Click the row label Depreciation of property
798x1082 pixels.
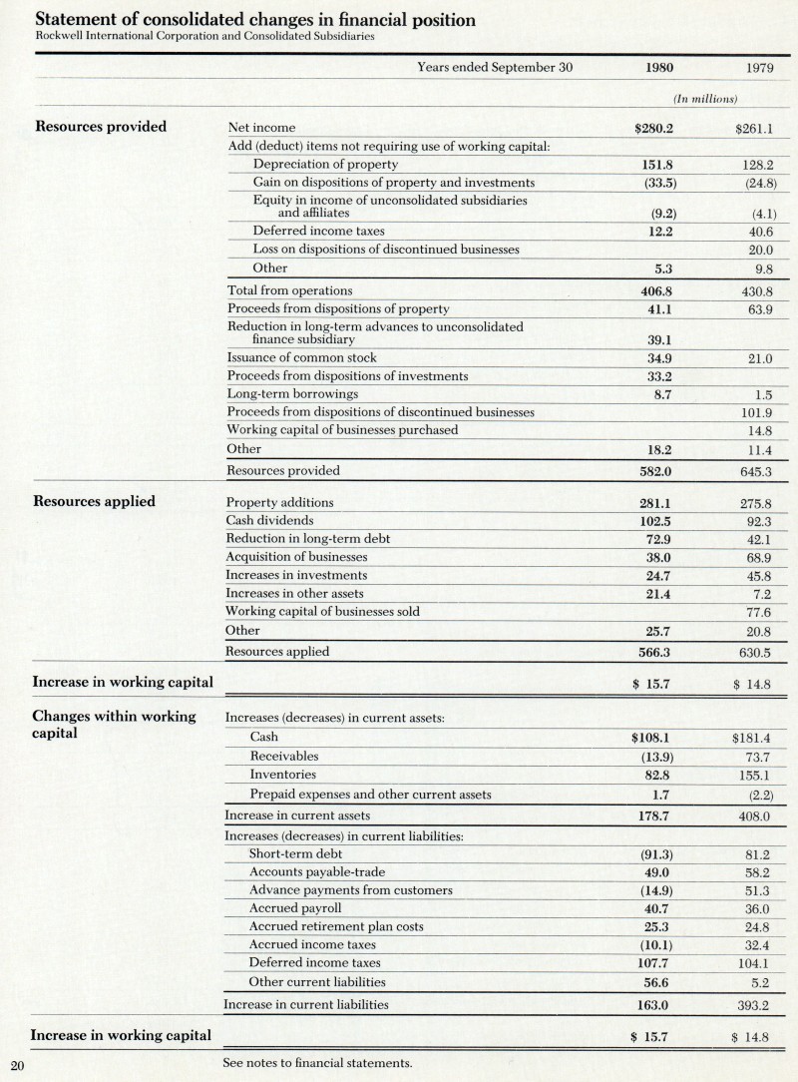(325, 164)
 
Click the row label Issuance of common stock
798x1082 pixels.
(301, 357)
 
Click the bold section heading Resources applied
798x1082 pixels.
(95, 501)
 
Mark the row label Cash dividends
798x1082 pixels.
(269, 521)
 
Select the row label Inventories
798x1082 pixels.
(283, 775)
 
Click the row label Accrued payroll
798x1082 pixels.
(295, 908)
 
